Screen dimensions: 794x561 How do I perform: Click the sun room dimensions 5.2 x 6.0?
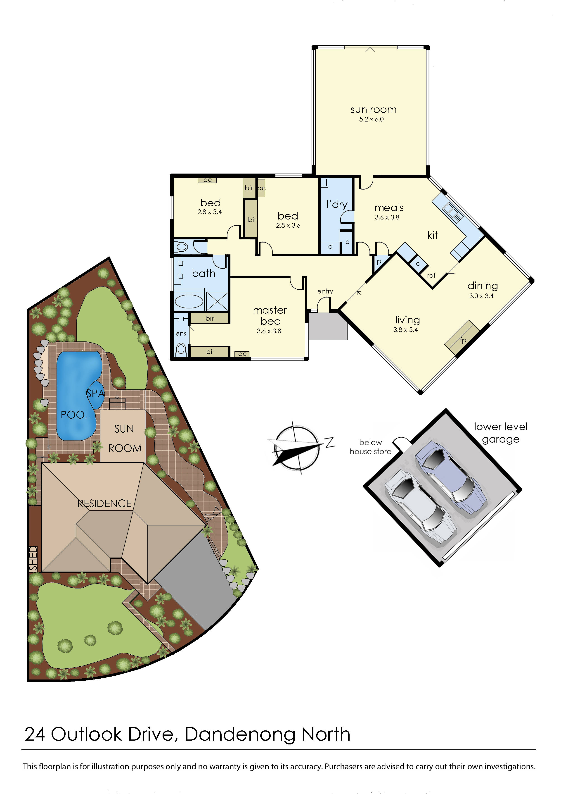(371, 119)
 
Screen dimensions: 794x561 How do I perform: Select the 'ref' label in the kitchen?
(431, 276)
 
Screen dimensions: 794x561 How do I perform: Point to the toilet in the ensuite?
(181, 349)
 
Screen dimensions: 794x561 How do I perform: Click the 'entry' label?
(325, 291)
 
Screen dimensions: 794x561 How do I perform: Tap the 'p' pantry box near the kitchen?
(379, 262)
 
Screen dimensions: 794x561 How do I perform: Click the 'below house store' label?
(370, 447)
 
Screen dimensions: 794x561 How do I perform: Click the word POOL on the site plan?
(75, 415)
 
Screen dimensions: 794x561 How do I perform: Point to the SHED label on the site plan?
(33, 558)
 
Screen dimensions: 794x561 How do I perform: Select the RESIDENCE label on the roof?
(104, 503)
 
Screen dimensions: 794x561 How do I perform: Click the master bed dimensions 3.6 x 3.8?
(269, 331)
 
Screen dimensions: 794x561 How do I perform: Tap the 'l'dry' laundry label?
(337, 204)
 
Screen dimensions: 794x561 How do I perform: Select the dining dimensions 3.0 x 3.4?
(481, 296)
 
